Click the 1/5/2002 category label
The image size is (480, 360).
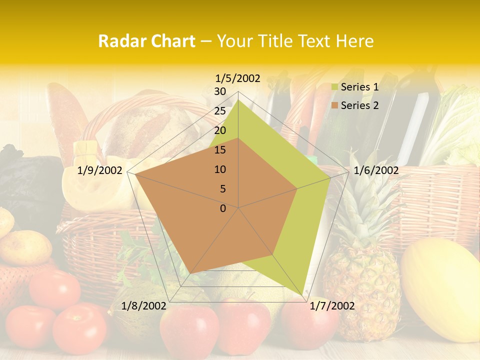tap(238, 78)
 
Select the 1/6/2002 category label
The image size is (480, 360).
tap(376, 171)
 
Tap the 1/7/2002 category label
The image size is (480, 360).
tap(332, 306)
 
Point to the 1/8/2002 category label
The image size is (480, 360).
tap(144, 306)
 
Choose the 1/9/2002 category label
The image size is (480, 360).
tap(100, 171)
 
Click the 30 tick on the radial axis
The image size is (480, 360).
tap(220, 91)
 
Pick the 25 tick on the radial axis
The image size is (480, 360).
tap(220, 111)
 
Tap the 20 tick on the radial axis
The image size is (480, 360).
tap(220, 130)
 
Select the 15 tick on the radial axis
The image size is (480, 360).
tap(220, 150)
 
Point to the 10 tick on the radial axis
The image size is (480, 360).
tap(220, 169)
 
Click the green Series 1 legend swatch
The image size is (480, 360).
tap(335, 87)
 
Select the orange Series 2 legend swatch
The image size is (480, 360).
tap(335, 105)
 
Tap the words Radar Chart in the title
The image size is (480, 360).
tap(146, 41)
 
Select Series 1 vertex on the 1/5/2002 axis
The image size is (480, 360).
tap(238, 99)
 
